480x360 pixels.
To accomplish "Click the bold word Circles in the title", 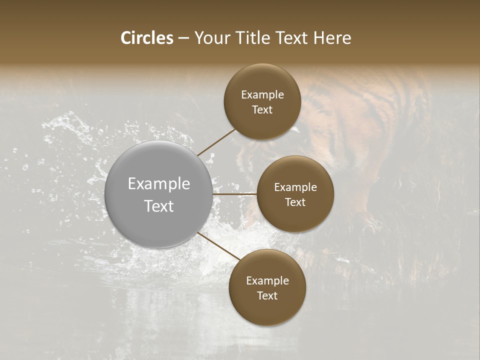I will click(x=147, y=38).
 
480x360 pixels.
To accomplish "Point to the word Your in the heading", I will click(x=211, y=38).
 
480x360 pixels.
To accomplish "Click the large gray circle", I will click(x=159, y=194).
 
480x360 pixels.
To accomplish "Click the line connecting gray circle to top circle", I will click(x=216, y=142).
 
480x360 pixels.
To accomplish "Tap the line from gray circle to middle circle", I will click(x=235, y=194).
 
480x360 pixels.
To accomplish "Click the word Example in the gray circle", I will click(x=159, y=183).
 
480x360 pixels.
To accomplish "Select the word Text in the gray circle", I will click(x=159, y=206).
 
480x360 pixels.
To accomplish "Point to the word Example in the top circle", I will click(x=262, y=94).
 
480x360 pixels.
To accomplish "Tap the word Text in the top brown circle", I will click(x=262, y=109).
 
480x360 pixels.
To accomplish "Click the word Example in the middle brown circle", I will click(x=295, y=187).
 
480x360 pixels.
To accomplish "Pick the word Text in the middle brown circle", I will click(x=295, y=202).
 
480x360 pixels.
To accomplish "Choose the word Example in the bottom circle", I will click(x=267, y=280).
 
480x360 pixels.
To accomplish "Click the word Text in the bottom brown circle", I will click(x=267, y=295).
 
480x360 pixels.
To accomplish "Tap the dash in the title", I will click(x=183, y=38).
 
